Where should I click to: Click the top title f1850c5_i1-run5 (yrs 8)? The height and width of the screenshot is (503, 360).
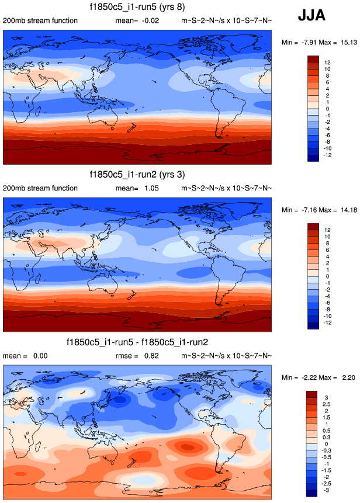[x=138, y=8]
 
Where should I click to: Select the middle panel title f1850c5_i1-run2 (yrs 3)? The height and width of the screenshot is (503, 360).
[x=138, y=175]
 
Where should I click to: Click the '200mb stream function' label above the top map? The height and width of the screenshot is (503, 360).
[x=40, y=21]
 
